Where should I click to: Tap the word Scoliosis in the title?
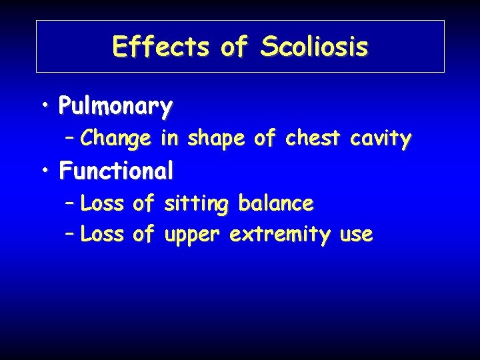pos(314,47)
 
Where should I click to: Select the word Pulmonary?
pos(115,106)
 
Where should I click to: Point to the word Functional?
pos(116,171)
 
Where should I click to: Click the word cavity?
pos(380,139)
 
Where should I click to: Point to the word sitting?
pos(195,204)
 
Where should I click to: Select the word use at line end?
pos(355,235)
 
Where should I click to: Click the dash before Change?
pos(70,139)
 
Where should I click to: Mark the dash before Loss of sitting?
pos(70,204)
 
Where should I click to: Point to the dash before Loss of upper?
pos(70,235)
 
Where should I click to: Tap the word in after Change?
pos(169,138)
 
